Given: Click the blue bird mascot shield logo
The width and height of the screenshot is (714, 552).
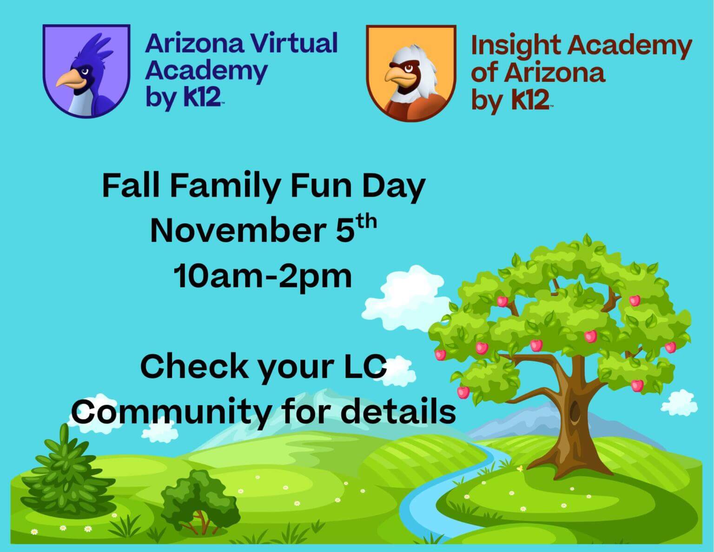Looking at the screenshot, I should pos(86,71).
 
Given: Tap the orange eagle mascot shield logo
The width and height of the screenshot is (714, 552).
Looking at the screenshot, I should pos(410,73).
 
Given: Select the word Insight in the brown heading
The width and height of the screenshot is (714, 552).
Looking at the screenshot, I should pos(516,47).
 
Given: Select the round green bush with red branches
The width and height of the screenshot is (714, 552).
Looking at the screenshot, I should pos(200,498).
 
